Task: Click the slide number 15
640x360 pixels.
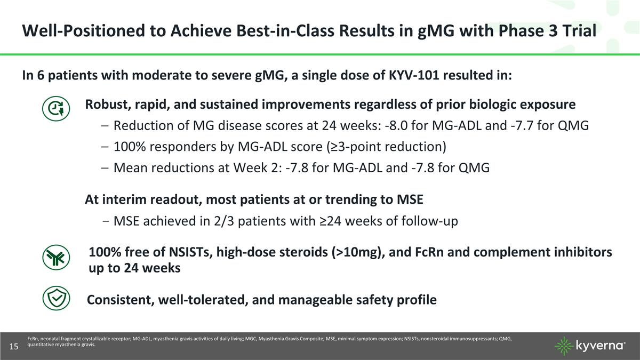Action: tap(14, 347)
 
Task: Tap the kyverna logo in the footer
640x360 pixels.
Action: tap(590, 346)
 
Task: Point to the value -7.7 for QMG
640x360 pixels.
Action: tap(535, 126)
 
